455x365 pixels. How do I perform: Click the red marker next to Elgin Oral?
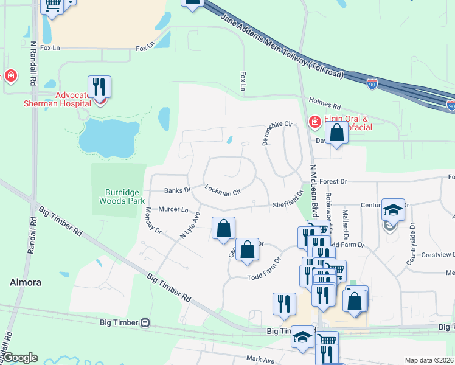point(315,122)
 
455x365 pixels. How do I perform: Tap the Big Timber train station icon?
point(145,323)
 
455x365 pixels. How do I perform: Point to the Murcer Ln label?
point(173,209)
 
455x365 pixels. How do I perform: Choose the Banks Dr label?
point(178,190)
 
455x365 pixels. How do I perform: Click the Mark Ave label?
point(261,360)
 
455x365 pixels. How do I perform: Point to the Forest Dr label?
point(333,181)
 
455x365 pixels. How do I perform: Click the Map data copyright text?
point(428,360)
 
